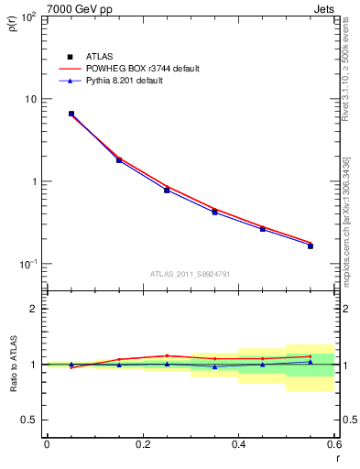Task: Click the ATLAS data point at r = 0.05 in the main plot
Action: tap(71, 114)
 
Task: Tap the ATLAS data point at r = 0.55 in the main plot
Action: tap(311, 245)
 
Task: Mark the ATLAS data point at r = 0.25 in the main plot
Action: tap(167, 190)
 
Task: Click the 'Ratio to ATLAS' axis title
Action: tap(12, 365)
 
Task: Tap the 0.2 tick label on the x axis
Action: tap(143, 443)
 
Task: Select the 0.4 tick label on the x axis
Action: tap(238, 443)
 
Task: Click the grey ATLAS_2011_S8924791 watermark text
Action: tap(191, 273)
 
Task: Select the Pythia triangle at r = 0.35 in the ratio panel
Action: tap(214, 366)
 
